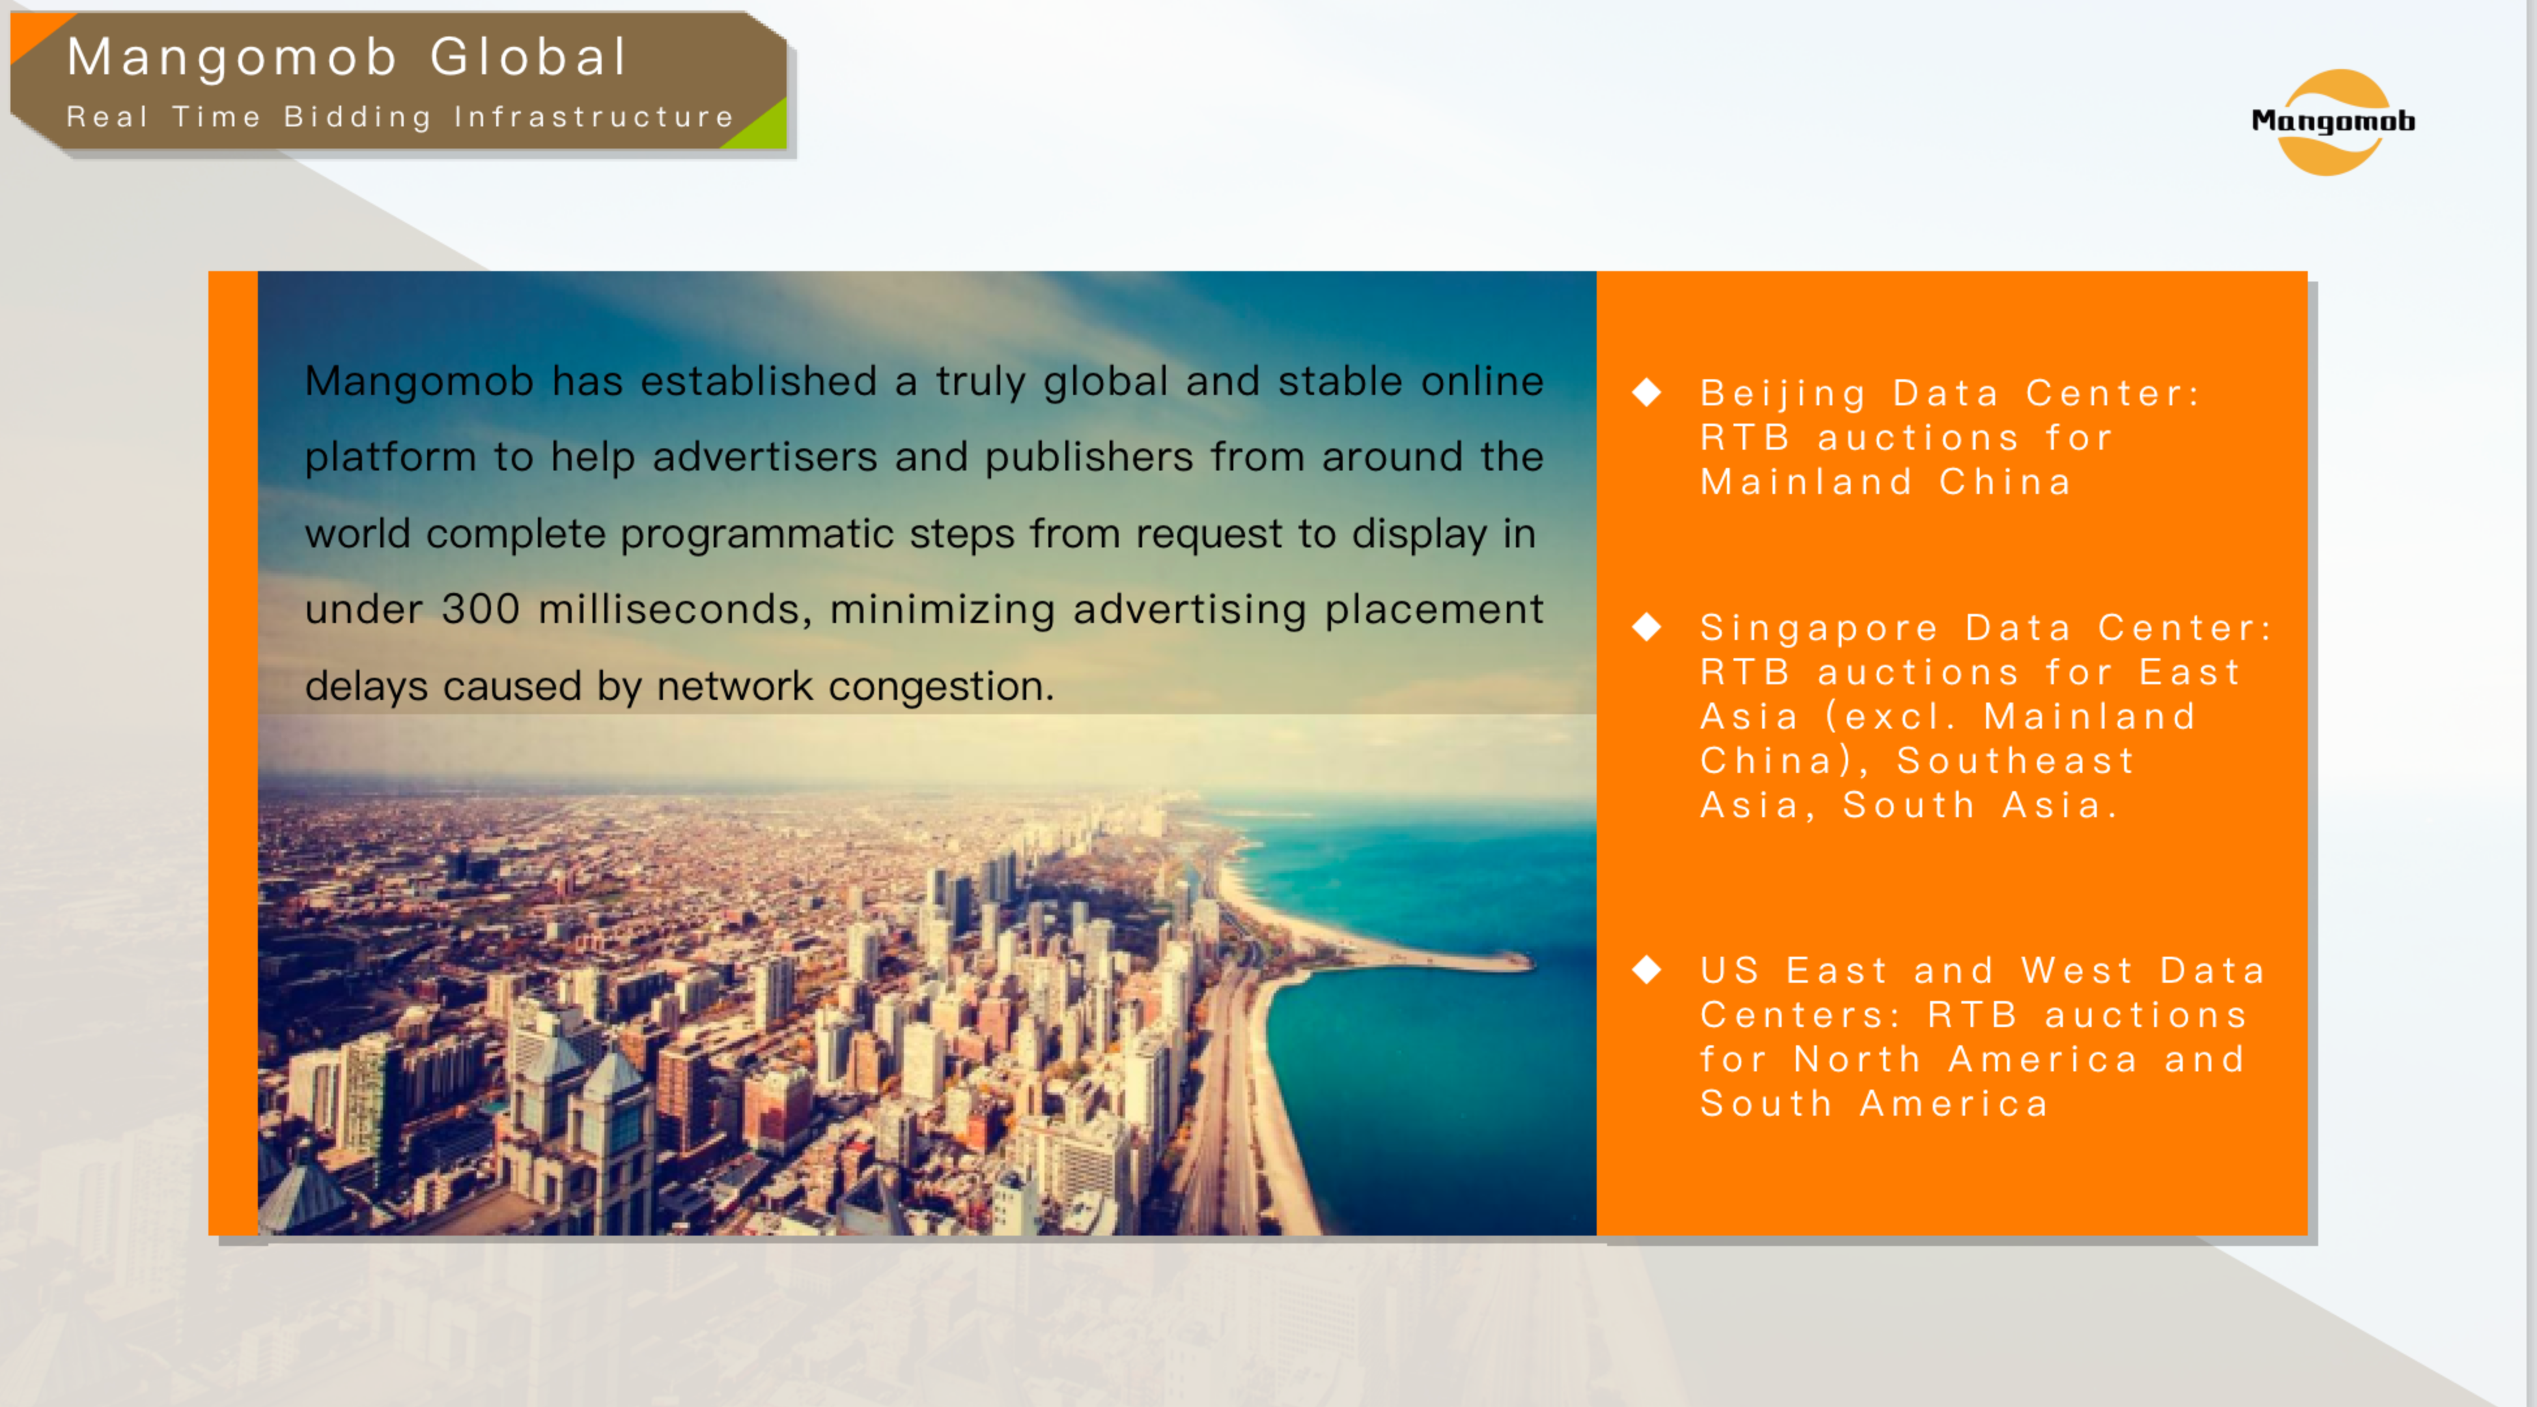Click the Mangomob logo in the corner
pyautogui.click(x=2332, y=121)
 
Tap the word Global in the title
pyautogui.click(x=528, y=56)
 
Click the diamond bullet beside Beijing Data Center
pyautogui.click(x=1647, y=392)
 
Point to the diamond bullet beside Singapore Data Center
pyautogui.click(x=1647, y=627)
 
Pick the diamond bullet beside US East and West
pyautogui.click(x=1647, y=970)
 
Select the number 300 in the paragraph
pyautogui.click(x=481, y=609)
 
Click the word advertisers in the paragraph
pyautogui.click(x=764, y=456)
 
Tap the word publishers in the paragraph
pyautogui.click(x=1088, y=456)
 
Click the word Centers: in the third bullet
pyautogui.click(x=1801, y=1015)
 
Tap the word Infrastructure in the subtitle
pyautogui.click(x=594, y=117)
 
